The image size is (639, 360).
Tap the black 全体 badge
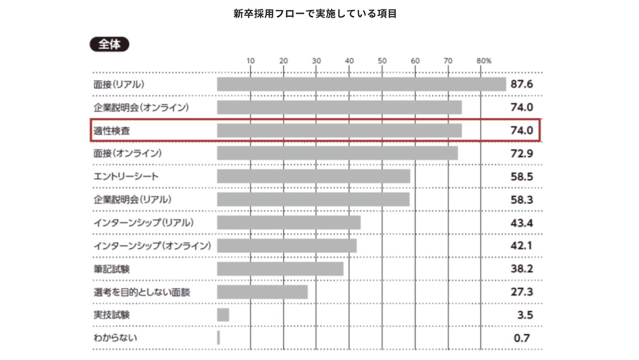point(110,45)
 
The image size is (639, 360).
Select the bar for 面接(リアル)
point(361,84)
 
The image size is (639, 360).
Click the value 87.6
point(521,84)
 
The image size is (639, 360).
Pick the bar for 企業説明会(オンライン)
point(339,107)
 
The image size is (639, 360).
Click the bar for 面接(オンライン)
point(337,153)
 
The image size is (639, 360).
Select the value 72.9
point(521,153)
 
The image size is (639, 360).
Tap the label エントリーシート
point(126,176)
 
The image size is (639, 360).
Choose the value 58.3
point(521,200)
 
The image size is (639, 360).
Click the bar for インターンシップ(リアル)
point(289,222)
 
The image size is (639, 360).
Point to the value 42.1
point(521,246)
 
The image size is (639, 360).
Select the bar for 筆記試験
point(280,269)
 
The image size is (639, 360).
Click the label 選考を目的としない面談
point(142,292)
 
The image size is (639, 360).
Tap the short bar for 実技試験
point(223,315)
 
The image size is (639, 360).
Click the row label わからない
point(115,338)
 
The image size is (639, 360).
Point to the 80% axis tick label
point(483,61)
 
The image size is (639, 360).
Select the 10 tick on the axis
point(250,61)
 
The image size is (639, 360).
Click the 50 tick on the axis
point(382,61)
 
